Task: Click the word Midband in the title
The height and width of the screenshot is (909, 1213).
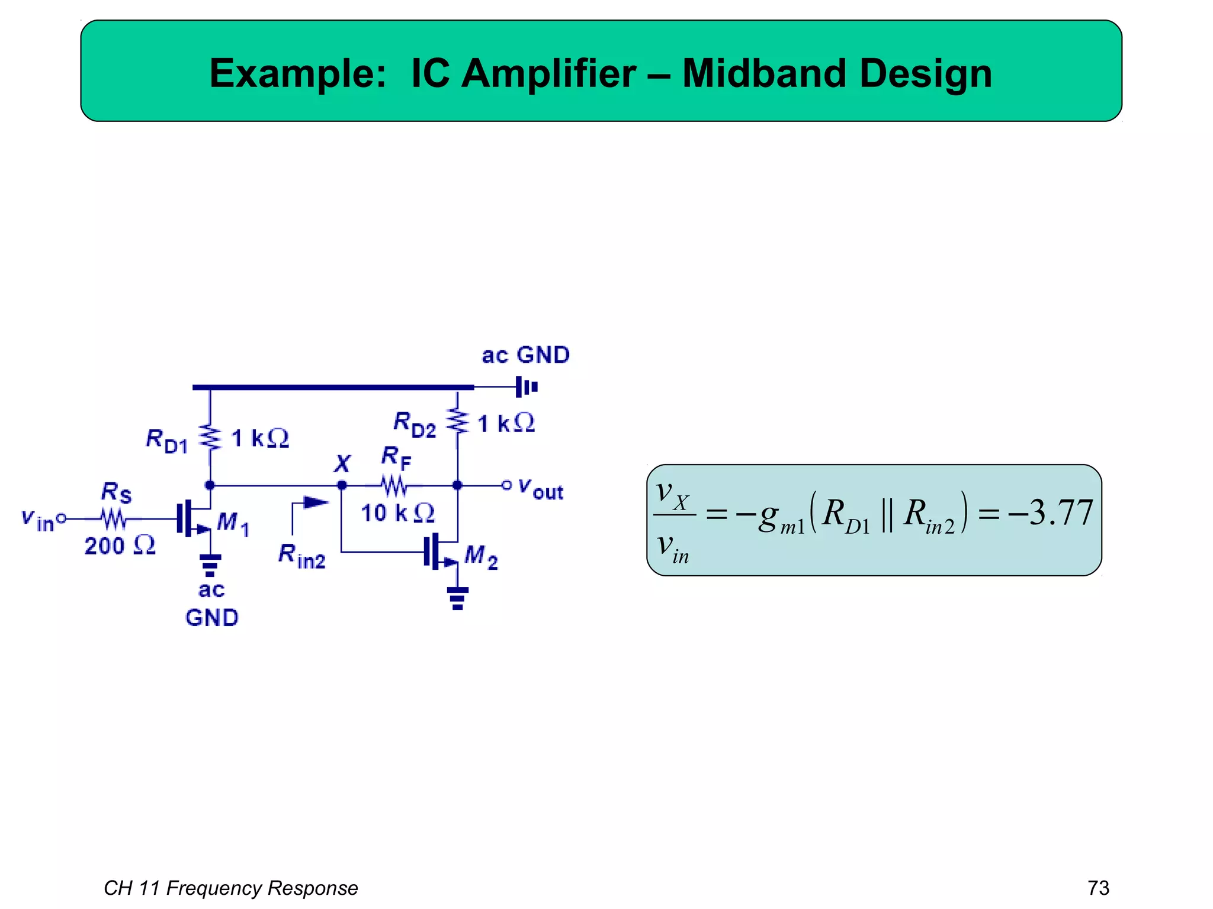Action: [x=764, y=74]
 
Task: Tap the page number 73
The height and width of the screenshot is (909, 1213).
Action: [x=1098, y=888]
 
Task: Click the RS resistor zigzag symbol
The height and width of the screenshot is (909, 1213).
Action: [x=113, y=519]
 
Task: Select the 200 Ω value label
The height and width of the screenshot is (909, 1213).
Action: [x=120, y=546]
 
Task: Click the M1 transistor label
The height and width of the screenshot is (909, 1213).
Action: [x=233, y=523]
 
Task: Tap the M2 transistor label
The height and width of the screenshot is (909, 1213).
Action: [x=481, y=557]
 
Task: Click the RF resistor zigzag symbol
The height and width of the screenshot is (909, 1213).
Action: [x=394, y=486]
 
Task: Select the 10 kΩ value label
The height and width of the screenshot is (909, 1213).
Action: [x=397, y=513]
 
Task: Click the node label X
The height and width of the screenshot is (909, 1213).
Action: [x=342, y=463]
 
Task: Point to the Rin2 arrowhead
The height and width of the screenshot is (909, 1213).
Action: [x=316, y=503]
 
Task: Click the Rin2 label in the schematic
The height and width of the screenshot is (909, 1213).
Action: [x=302, y=556]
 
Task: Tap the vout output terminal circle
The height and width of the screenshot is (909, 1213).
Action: [x=506, y=485]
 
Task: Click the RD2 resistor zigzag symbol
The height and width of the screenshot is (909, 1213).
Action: [x=457, y=421]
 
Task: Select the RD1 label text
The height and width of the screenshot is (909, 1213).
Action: [x=166, y=440]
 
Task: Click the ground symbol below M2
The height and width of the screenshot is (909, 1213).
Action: [x=457, y=598]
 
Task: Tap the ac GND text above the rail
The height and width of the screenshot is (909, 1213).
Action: [x=525, y=355]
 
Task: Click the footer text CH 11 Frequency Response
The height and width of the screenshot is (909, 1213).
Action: [x=230, y=888]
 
